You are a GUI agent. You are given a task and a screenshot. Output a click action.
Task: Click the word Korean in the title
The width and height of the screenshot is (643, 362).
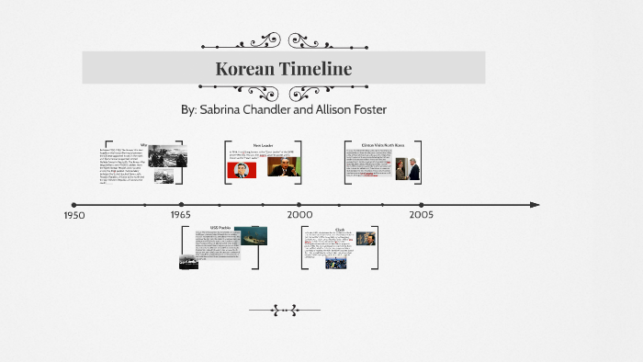pos(243,69)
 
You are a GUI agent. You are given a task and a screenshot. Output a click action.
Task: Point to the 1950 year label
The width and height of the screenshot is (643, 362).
pos(74,215)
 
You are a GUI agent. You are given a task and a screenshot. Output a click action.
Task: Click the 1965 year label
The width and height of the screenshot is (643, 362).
pos(180,215)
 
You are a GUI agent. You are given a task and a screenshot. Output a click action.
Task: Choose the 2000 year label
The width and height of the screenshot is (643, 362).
pos(299,215)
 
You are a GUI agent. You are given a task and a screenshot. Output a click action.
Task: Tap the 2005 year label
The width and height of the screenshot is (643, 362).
pos(422,215)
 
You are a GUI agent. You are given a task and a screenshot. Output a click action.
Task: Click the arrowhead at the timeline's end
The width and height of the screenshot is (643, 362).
pos(535,205)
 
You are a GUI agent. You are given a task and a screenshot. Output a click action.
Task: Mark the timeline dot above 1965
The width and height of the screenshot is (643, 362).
pos(182,205)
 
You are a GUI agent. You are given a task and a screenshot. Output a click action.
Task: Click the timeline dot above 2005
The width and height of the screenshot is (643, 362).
pos(422,205)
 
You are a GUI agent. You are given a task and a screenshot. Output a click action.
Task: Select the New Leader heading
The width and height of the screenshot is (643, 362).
pos(264,145)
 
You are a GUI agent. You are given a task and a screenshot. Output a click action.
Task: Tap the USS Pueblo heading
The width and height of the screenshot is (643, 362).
pos(220,227)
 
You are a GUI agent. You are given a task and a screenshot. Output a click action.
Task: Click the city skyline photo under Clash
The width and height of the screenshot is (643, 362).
pos(335,261)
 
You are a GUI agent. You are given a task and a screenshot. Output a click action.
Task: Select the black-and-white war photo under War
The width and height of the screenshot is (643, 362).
pos(167,156)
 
